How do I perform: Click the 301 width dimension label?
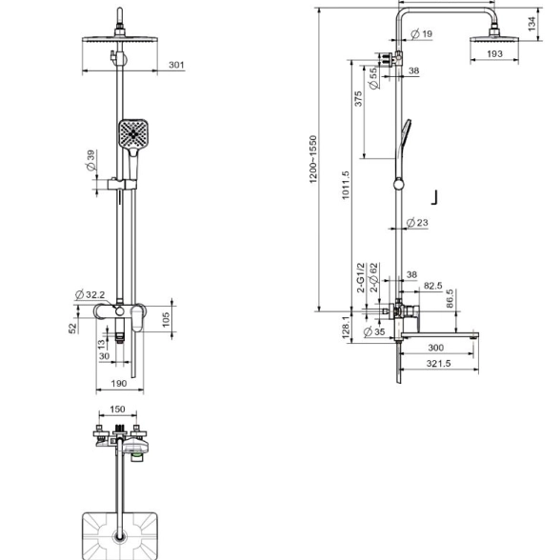(176, 65)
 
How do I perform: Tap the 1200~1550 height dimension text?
(313, 159)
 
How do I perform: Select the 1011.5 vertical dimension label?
(346, 185)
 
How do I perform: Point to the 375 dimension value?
(358, 99)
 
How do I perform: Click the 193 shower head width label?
(494, 54)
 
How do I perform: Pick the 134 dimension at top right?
(531, 23)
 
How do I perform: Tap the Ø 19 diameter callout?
(422, 34)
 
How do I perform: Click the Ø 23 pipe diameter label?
(417, 223)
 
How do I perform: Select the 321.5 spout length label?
(438, 364)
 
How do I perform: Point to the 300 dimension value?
(436, 348)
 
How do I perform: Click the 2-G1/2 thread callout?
(362, 277)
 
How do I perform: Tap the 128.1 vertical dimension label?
(346, 328)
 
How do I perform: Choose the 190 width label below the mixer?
(119, 384)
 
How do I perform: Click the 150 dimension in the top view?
(117, 410)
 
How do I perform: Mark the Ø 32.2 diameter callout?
(90, 294)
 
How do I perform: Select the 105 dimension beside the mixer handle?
(166, 319)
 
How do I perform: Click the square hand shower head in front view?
(133, 134)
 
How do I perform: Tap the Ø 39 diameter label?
(90, 160)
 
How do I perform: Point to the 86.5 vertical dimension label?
(450, 298)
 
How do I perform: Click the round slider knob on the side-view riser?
(399, 185)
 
